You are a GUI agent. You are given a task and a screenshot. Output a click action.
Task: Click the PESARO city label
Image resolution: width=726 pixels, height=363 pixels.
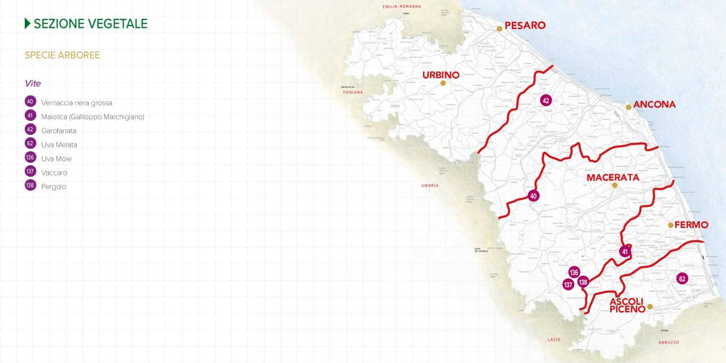click(x=525, y=25)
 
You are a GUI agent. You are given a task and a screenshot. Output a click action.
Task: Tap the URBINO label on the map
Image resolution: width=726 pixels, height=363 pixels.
click(x=440, y=75)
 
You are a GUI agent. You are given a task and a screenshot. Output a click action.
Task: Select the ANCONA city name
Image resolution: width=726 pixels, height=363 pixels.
click(x=655, y=105)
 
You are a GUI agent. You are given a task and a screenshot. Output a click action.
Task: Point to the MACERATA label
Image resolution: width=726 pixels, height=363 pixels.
click(x=613, y=178)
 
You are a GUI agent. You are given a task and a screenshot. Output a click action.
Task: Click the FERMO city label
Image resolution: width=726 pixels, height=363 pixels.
click(x=691, y=224)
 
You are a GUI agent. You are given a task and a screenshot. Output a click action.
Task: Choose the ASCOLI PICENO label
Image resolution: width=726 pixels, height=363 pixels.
click(x=627, y=306)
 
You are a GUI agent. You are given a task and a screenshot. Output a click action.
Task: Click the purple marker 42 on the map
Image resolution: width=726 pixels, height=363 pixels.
click(x=546, y=100)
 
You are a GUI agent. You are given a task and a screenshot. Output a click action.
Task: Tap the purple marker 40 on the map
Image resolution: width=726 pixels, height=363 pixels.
click(x=533, y=196)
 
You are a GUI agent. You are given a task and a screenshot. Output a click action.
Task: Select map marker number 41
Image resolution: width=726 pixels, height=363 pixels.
click(x=625, y=252)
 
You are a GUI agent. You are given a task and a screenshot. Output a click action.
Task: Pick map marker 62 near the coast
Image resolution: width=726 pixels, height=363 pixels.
click(x=682, y=279)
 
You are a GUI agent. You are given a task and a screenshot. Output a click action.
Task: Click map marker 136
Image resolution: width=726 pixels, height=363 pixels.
click(x=574, y=272)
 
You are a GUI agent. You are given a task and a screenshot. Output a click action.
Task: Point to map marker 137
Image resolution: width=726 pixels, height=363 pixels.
click(x=568, y=284)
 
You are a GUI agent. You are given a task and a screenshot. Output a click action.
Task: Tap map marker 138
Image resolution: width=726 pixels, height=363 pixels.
click(x=583, y=282)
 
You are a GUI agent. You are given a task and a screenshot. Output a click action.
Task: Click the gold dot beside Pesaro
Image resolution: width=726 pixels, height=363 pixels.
click(x=500, y=28)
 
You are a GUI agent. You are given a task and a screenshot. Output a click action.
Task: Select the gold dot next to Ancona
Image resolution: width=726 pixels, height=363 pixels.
click(x=629, y=107)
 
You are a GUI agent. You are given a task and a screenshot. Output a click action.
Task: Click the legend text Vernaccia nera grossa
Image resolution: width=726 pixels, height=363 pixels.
click(x=77, y=103)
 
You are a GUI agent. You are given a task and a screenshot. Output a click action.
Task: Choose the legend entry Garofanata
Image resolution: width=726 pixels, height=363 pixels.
click(x=59, y=131)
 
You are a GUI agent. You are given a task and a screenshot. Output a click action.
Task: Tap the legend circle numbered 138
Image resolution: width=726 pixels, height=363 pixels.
click(x=30, y=186)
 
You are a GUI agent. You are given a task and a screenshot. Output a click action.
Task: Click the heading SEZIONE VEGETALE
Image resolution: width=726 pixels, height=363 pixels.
click(x=91, y=24)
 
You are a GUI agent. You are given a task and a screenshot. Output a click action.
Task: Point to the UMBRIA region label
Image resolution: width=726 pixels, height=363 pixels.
click(x=430, y=186)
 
